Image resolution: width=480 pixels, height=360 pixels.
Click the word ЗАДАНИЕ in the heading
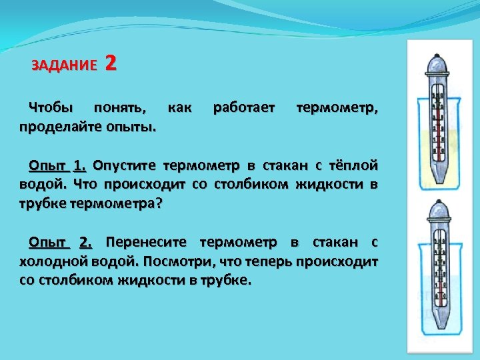coord(64,65)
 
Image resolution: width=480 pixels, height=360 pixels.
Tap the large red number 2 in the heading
coord(111,63)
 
